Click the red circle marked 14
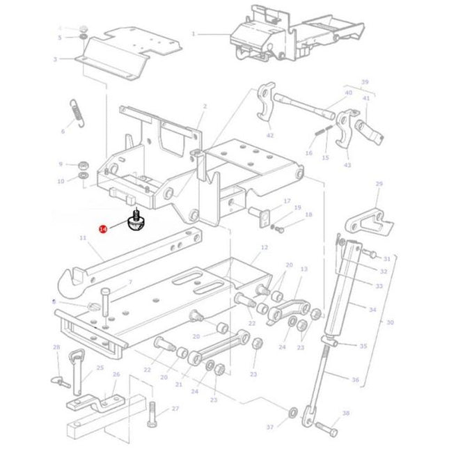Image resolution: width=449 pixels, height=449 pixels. pyautogui.click(x=103, y=228)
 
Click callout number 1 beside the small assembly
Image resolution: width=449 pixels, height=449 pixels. pyautogui.click(x=194, y=33)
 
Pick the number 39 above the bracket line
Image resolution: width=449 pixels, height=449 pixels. pyautogui.click(x=364, y=81)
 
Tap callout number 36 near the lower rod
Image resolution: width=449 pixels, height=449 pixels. pyautogui.click(x=356, y=379)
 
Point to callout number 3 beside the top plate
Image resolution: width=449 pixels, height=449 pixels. pyautogui.click(x=55, y=59)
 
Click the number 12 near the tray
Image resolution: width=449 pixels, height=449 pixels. pyautogui.click(x=264, y=247)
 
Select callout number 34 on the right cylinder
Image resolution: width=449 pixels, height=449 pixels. pyautogui.click(x=372, y=309)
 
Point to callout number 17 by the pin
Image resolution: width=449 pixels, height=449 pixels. pyautogui.click(x=286, y=202)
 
